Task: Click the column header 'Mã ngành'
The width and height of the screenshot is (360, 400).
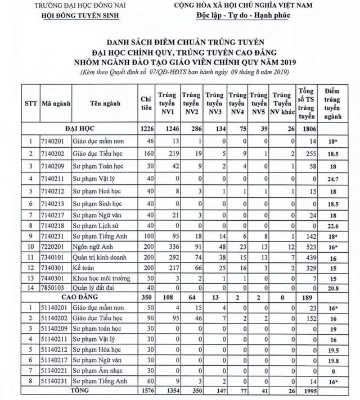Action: (x=54, y=104)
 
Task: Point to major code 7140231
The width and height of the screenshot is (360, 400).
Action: (x=53, y=238)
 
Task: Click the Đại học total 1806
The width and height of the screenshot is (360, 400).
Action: (x=307, y=129)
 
